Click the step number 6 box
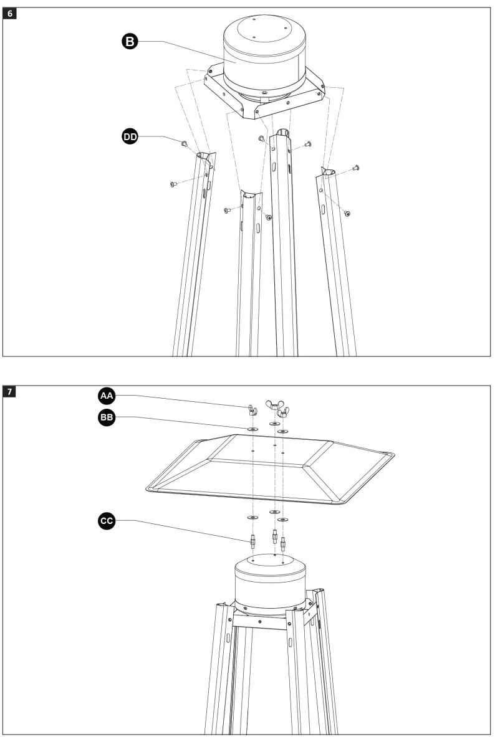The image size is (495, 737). click(11, 13)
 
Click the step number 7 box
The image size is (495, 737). click(11, 392)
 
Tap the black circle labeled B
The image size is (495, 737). click(128, 41)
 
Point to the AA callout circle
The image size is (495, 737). click(107, 395)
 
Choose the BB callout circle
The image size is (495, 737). click(107, 417)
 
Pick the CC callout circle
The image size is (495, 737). click(107, 520)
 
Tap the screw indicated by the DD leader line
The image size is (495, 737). click(185, 144)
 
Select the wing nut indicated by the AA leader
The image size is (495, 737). click(252, 409)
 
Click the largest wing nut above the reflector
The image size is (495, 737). click(275, 406)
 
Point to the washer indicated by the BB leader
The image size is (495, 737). click(252, 429)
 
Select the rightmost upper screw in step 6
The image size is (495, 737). click(357, 167)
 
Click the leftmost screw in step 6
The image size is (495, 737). click(173, 184)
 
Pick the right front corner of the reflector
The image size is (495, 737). click(346, 502)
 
